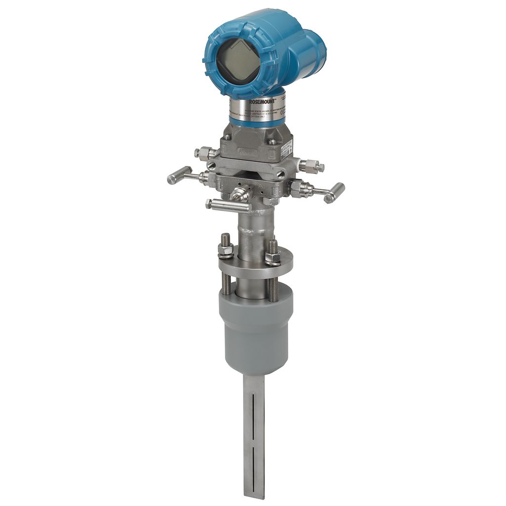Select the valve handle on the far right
[x=335, y=192]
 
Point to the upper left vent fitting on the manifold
[x=204, y=153]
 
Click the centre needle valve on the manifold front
[x=241, y=193]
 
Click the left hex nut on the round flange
[x=225, y=251]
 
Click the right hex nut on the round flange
[x=272, y=257]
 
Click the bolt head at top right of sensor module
[x=272, y=141]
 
